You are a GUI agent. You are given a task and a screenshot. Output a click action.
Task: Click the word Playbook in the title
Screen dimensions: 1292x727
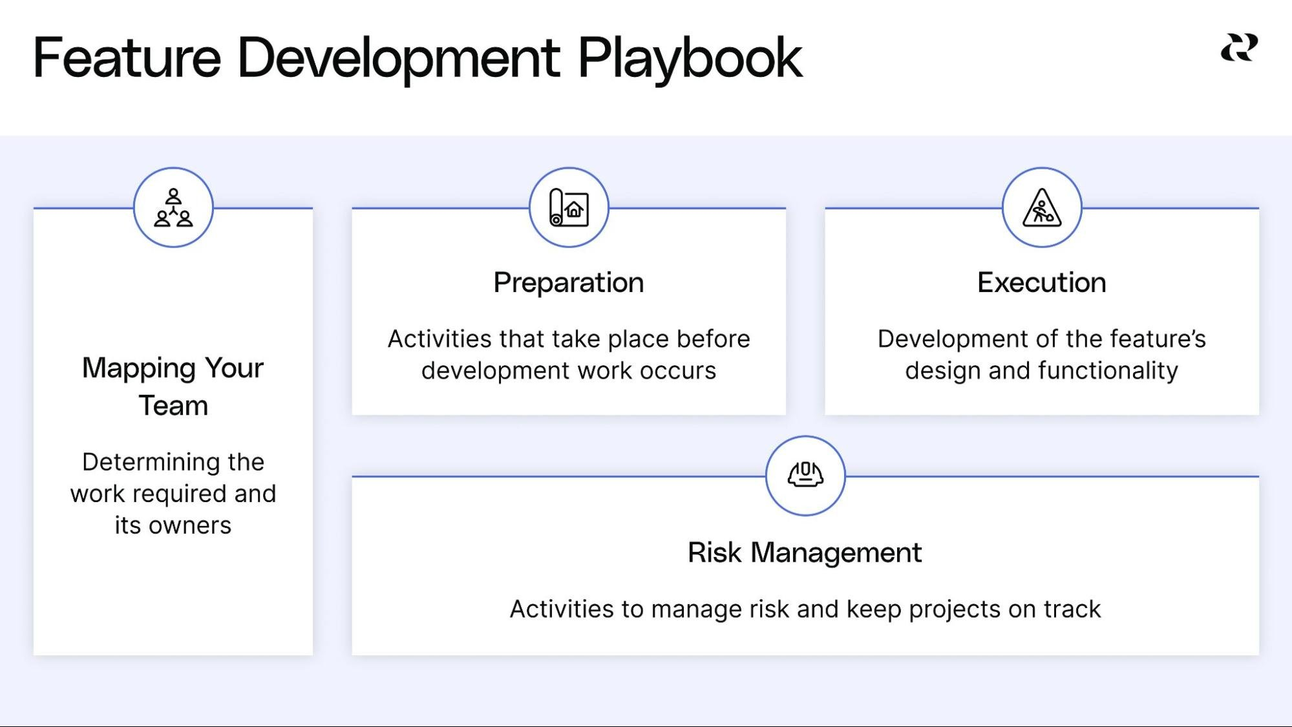[690, 59]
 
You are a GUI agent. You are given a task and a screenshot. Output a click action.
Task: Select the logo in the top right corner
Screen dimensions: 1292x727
[1239, 48]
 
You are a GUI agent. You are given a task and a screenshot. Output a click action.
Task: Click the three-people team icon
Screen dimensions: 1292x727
[173, 207]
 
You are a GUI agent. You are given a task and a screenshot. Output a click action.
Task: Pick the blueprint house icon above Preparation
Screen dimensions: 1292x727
[569, 207]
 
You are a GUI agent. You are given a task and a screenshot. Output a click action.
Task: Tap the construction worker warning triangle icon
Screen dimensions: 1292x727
[1042, 207]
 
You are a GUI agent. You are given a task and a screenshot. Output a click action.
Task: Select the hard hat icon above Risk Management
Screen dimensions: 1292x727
[805, 475]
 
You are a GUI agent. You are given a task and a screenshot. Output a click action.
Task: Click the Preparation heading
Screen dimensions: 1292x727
[569, 283]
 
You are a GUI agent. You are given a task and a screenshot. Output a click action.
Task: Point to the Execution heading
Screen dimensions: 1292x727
[1042, 282]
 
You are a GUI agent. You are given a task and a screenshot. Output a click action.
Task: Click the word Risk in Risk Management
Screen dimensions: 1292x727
[714, 553]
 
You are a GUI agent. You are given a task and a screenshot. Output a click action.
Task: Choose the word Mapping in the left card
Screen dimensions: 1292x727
[139, 369]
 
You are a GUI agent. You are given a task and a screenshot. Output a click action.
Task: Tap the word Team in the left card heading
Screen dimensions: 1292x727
[173, 406]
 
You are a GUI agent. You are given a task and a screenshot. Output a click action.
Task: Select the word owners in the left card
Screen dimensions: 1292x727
[190, 526]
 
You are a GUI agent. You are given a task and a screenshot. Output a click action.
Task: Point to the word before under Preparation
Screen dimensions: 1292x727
[713, 339]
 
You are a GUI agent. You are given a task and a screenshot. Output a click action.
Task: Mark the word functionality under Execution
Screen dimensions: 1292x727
[1108, 371]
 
